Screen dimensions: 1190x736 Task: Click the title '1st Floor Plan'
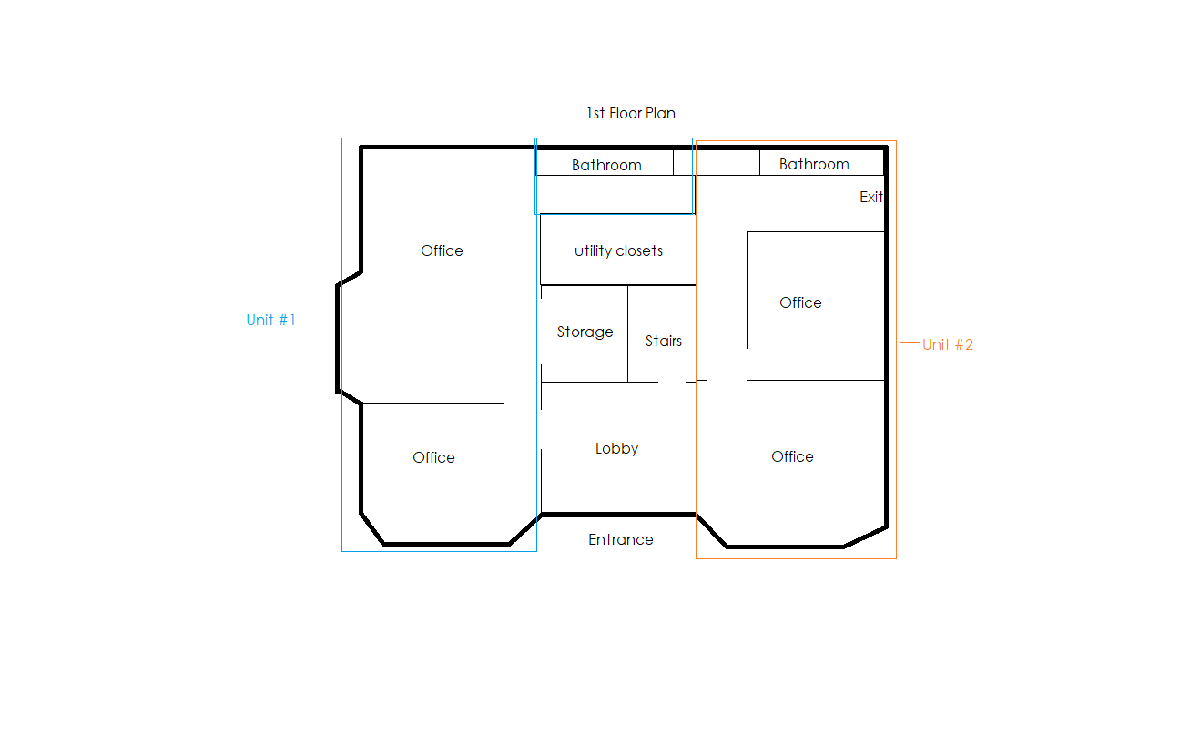pyautogui.click(x=631, y=113)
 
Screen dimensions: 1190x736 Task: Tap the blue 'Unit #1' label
pyautogui.click(x=270, y=320)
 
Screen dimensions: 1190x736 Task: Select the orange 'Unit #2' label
pyautogui.click(x=947, y=344)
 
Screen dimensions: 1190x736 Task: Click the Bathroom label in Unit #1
pyautogui.click(x=606, y=165)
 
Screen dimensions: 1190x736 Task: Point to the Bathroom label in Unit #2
pyautogui.click(x=814, y=164)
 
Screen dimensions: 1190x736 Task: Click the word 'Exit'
pyautogui.click(x=871, y=197)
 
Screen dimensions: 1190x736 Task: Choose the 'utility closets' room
pyautogui.click(x=618, y=250)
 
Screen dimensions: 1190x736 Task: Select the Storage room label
pyautogui.click(x=585, y=332)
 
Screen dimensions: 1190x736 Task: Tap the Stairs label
pyautogui.click(x=663, y=341)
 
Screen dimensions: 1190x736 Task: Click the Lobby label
pyautogui.click(x=616, y=448)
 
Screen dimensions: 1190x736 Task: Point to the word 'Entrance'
pyautogui.click(x=621, y=539)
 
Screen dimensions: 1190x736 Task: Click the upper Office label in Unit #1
pyautogui.click(x=442, y=250)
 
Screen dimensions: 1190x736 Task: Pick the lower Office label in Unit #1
pyautogui.click(x=433, y=457)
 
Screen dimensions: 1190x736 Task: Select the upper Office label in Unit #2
pyautogui.click(x=800, y=303)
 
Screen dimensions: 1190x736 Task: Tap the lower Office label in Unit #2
pyautogui.click(x=792, y=456)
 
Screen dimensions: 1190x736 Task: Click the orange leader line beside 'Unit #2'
pyautogui.click(x=910, y=343)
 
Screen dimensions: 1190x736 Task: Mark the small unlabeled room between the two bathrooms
pyautogui.click(x=717, y=163)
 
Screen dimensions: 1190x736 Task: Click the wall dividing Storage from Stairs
pyautogui.click(x=628, y=333)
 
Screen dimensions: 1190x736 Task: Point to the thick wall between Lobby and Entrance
pyautogui.click(x=618, y=515)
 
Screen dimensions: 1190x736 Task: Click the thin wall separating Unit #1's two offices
pyautogui.click(x=433, y=404)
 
